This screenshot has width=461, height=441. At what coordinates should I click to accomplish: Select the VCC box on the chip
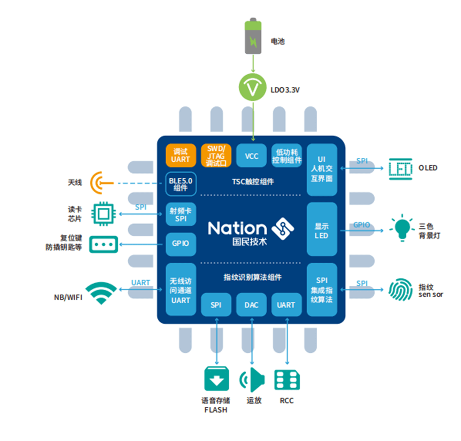click(x=252, y=156)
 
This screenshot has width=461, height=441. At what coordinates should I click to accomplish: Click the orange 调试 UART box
click(x=181, y=156)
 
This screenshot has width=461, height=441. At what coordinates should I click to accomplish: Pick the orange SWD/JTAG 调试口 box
click(x=216, y=156)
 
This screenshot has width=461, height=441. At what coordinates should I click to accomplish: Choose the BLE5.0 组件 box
click(x=181, y=184)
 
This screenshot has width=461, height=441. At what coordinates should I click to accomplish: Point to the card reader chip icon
click(x=103, y=214)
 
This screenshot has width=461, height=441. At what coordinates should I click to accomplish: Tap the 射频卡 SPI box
click(x=181, y=214)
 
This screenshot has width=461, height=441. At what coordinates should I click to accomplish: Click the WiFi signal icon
click(x=101, y=292)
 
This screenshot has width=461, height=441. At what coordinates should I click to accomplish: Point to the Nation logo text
click(x=237, y=228)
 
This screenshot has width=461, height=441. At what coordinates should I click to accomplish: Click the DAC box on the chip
click(x=252, y=305)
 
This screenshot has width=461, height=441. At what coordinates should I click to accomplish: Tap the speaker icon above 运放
click(x=252, y=379)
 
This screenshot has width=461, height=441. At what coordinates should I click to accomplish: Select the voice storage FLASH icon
click(x=217, y=379)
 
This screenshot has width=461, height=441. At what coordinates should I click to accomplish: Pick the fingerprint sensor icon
click(x=401, y=290)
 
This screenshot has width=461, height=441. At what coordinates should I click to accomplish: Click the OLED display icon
click(x=400, y=169)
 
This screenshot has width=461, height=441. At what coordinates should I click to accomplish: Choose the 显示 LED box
click(x=322, y=229)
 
